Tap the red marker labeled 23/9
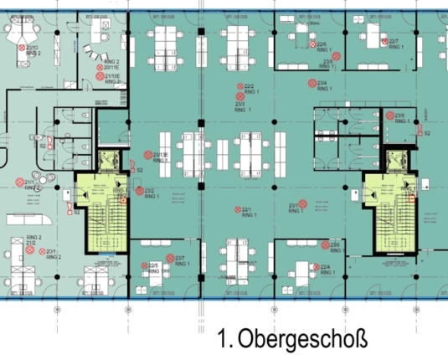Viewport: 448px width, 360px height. click(x=390, y=116)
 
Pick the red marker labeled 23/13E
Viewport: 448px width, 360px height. click(x=147, y=155)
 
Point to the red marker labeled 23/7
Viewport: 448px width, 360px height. click(x=170, y=259)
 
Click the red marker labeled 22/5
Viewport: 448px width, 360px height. click(x=143, y=267)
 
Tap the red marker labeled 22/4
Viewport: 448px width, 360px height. click(x=316, y=268)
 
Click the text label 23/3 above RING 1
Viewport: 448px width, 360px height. click(x=239, y=103)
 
